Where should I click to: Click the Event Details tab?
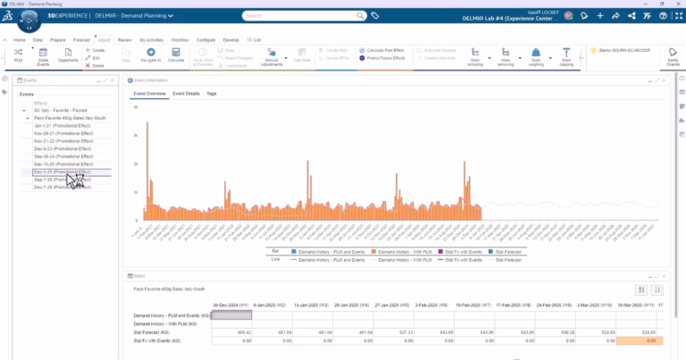pos(186,93)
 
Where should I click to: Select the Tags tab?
pos(212,93)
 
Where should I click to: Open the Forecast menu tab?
pos(81,40)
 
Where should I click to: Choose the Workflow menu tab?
pos(179,40)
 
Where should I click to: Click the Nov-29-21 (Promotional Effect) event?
pos(63,133)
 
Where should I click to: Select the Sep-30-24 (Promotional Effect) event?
pos(63,156)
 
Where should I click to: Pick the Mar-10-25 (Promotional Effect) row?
pos(63,164)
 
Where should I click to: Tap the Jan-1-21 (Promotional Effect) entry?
pos(63,125)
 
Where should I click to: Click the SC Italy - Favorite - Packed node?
pos(59,110)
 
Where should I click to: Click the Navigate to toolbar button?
pos(150,55)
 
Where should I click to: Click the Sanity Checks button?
pos(672,56)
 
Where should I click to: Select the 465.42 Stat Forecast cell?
pos(236,332)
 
